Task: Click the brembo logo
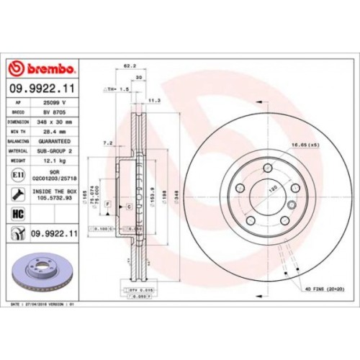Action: click(x=41, y=68)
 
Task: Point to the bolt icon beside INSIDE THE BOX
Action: click(x=17, y=194)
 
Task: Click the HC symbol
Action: click(x=17, y=213)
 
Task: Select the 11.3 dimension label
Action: click(x=153, y=100)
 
